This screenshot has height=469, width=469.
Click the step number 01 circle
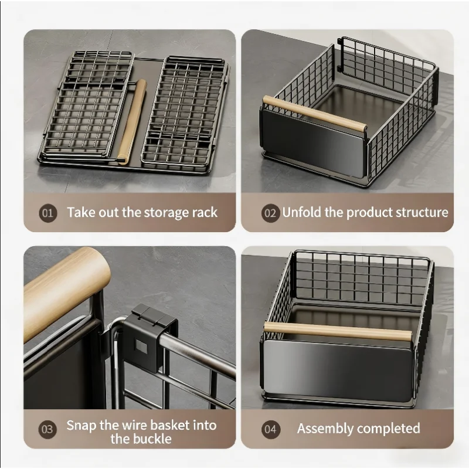49,213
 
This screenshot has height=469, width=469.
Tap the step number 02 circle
270,213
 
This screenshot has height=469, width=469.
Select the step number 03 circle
49,429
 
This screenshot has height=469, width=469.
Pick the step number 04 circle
270,429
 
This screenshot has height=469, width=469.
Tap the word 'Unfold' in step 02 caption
301,212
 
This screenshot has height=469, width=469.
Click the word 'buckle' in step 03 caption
149,439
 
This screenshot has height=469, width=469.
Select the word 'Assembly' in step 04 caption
324,429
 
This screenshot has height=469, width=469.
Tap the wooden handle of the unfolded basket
314,113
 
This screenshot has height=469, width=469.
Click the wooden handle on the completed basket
338,331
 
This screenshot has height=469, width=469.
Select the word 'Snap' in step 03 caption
80,425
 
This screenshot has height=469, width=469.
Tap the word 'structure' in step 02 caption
419,212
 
